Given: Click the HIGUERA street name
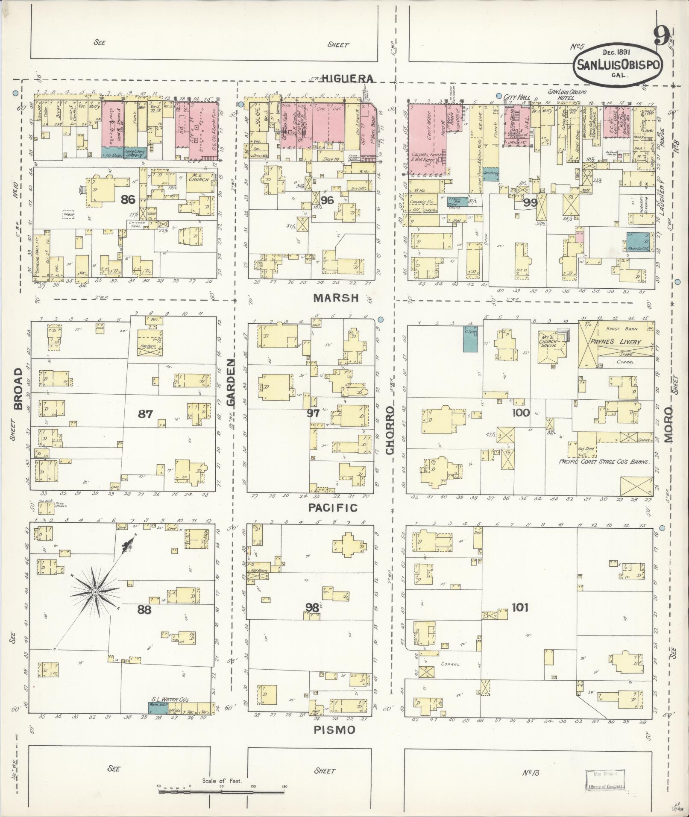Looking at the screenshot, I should (x=348, y=78).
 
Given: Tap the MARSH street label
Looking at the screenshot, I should (x=336, y=298).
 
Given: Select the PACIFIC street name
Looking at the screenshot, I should (x=332, y=508).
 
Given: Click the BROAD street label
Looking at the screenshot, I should (x=18, y=394).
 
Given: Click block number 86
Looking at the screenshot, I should (x=128, y=199).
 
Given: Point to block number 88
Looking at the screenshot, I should (x=144, y=609).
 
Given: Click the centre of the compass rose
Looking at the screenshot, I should (x=95, y=592).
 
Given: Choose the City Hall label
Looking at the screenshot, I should (x=517, y=97).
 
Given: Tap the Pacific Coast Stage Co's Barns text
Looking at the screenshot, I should (x=605, y=462).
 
